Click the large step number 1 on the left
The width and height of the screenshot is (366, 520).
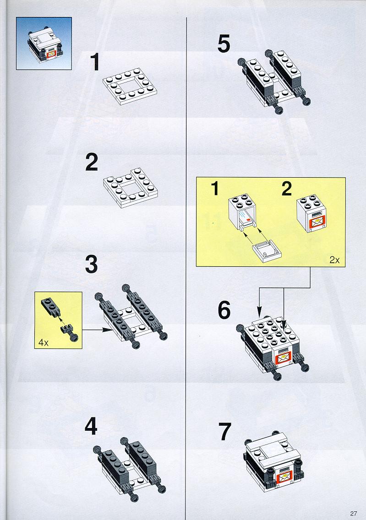pyautogui.click(x=95, y=62)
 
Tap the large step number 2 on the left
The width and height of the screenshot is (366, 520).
pyautogui.click(x=92, y=162)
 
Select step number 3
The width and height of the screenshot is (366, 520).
pyautogui.click(x=92, y=264)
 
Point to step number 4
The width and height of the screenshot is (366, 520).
pyautogui.click(x=91, y=426)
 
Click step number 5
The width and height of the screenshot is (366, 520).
pyautogui.click(x=224, y=44)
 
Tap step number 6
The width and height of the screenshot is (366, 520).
pyautogui.click(x=224, y=310)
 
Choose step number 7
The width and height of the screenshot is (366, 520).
pyautogui.click(x=224, y=431)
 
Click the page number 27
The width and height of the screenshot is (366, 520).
pyautogui.click(x=353, y=514)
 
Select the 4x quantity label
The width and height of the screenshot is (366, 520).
pyautogui.click(x=44, y=342)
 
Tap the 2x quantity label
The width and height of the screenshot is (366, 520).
pyautogui.click(x=334, y=260)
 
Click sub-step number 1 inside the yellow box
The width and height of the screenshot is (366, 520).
pyautogui.click(x=215, y=189)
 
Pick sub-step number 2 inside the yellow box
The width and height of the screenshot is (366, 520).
pyautogui.click(x=287, y=189)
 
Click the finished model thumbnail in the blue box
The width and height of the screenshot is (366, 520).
pyautogui.click(x=44, y=43)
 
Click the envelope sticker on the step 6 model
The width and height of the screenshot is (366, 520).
pyautogui.click(x=283, y=358)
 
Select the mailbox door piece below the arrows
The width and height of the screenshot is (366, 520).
pyautogui.click(x=268, y=251)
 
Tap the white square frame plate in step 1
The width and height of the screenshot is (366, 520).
pyautogui.click(x=130, y=86)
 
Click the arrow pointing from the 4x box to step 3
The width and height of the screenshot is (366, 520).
pyautogui.click(x=98, y=330)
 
